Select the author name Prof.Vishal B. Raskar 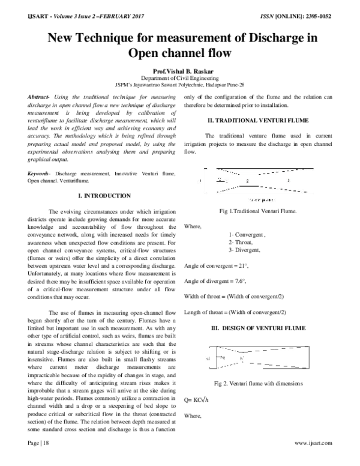[179, 71]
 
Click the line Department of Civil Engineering [179, 79]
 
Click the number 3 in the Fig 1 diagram [288, 180]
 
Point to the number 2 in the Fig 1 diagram [247, 180]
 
